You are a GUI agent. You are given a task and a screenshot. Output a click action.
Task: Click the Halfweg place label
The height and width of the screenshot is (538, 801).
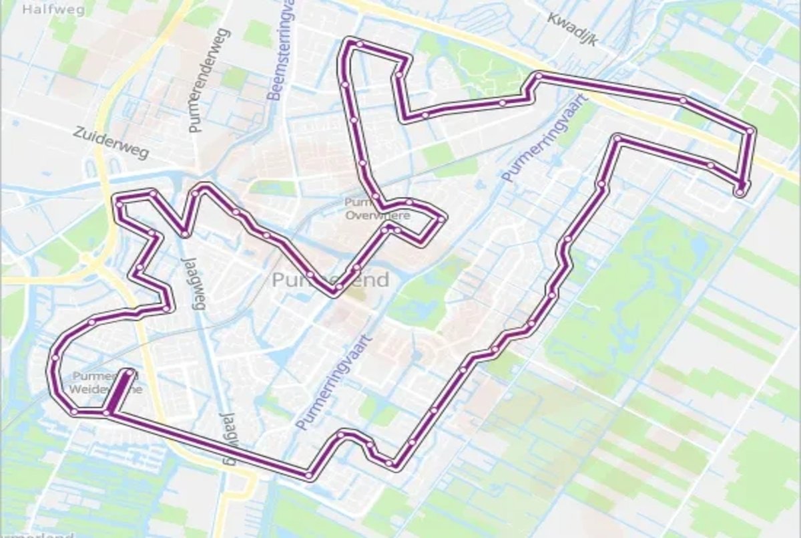coord(45,9)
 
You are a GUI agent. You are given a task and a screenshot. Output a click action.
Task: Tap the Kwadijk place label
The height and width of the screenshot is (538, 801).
coord(571,28)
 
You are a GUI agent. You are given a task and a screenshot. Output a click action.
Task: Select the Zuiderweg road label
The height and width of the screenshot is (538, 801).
coord(111,143)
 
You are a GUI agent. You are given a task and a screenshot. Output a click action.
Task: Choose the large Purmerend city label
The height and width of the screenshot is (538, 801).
coord(330,280)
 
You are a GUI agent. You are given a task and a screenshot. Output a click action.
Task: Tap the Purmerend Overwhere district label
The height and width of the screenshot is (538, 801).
coord(378,209)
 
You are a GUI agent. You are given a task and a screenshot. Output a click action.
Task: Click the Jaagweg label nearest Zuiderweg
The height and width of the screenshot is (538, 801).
coord(192,281)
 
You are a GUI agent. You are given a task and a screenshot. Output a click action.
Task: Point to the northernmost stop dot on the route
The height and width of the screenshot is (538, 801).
coord(360,44)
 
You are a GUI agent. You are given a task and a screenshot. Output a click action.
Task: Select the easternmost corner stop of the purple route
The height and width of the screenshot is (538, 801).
coord(750,131)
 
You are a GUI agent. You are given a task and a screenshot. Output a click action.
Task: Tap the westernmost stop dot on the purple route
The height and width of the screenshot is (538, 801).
coord(55,360)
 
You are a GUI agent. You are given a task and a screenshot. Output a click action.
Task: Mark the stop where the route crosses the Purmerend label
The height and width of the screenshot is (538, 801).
coord(339,287)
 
